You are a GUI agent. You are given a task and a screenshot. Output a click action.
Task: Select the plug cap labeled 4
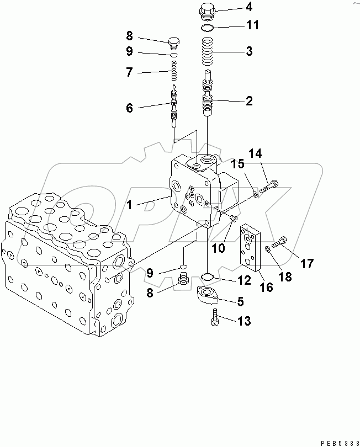pos(208,10)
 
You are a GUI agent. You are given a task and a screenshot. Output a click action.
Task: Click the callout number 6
pos(129,108)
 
